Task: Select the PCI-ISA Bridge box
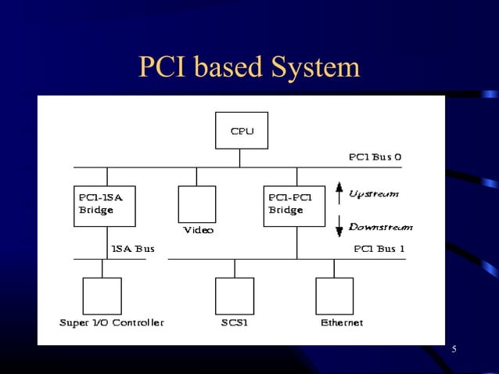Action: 104,206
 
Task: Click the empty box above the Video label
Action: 196,204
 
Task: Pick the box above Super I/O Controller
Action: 102,296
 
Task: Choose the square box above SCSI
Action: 235,296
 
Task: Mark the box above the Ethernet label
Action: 334,296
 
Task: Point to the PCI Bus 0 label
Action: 375,156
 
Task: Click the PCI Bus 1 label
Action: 379,249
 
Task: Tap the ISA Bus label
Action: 133,249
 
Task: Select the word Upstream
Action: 373,193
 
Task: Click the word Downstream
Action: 380,227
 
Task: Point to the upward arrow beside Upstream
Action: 339,191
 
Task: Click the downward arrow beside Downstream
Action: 339,227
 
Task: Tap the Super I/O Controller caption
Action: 112,322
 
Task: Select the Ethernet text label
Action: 342,322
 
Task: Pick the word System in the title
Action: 315,68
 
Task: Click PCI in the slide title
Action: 162,68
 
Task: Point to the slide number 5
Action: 454,348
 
